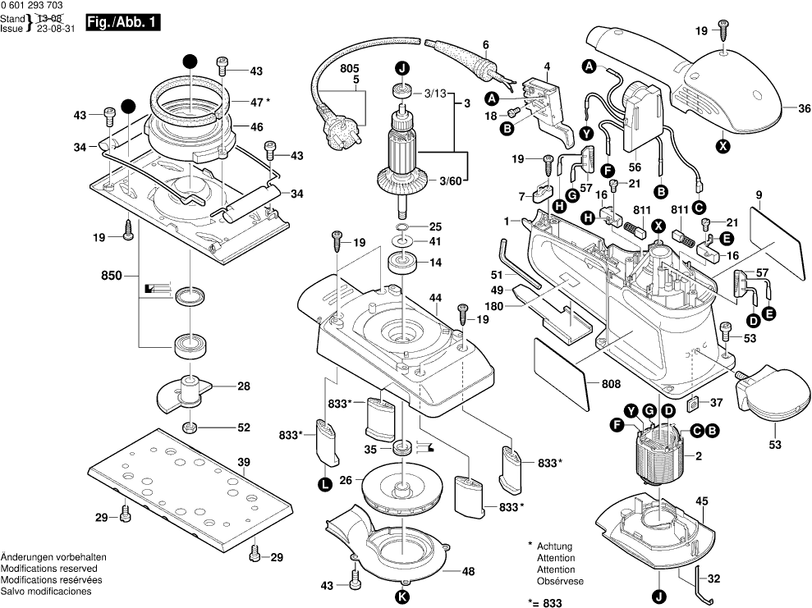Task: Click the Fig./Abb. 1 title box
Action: (x=122, y=25)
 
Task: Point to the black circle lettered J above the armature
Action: (x=401, y=68)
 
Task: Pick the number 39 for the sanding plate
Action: (x=243, y=463)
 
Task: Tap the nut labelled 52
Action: (x=189, y=427)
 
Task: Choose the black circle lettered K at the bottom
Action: (x=401, y=596)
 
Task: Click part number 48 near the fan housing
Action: (x=468, y=571)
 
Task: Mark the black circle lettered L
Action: (x=325, y=484)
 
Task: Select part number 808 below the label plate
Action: (x=611, y=383)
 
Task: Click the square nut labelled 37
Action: (x=693, y=402)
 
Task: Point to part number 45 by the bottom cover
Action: (x=702, y=501)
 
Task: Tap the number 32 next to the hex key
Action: (x=713, y=578)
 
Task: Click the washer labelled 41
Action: (x=402, y=242)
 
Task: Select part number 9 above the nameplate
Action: (x=759, y=194)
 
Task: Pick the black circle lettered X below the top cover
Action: (x=723, y=147)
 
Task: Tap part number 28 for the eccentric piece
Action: (x=244, y=386)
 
